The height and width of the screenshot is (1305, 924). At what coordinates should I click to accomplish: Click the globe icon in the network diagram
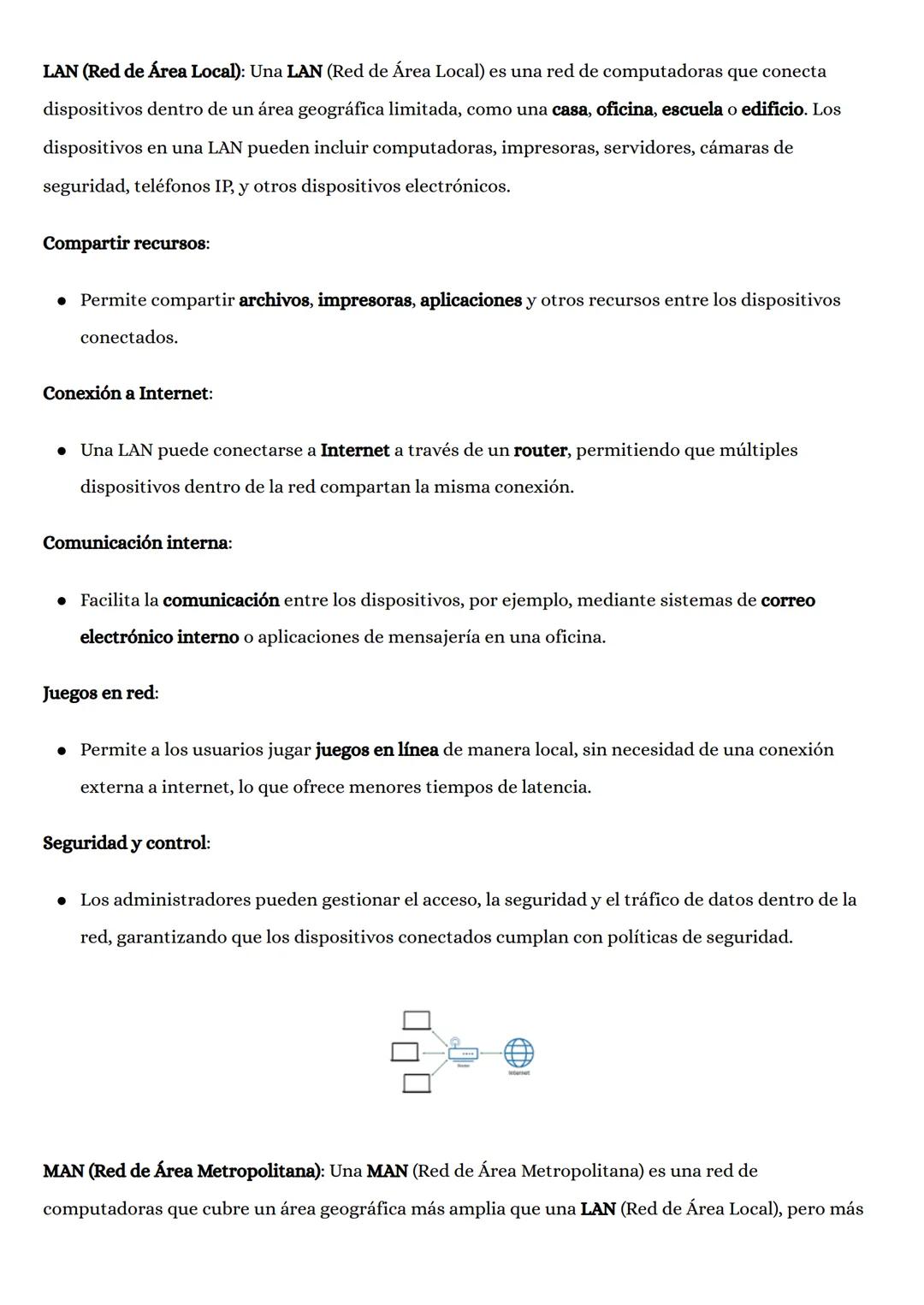point(518,1053)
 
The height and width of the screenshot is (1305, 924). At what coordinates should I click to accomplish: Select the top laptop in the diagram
point(417,1021)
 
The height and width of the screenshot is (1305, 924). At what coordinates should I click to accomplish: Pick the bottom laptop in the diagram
point(417,1084)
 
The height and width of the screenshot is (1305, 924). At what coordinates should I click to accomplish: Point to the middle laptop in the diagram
point(405,1052)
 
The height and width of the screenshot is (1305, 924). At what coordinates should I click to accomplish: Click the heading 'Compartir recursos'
point(124,244)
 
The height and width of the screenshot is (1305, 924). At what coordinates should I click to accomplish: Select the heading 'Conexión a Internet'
point(126,393)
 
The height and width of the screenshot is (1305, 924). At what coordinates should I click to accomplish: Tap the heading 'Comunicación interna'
point(135,543)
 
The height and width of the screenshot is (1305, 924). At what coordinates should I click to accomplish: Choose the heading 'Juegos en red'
point(98,693)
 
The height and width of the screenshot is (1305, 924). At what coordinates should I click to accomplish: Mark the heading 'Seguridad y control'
point(125,843)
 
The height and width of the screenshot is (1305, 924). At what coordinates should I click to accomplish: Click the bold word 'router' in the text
point(540,450)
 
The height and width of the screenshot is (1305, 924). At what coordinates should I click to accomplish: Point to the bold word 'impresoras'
point(364,300)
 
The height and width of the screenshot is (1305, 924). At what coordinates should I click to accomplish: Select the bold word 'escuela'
point(692,109)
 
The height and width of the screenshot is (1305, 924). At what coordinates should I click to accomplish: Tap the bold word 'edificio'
point(773,109)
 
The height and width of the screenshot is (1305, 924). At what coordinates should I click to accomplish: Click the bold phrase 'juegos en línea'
point(377,750)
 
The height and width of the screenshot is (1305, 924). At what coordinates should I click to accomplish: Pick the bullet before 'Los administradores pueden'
point(62,901)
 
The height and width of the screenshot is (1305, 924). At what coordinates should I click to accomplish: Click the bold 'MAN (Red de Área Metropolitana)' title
point(181,1171)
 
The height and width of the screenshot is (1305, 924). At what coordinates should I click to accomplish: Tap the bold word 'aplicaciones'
point(471,300)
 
